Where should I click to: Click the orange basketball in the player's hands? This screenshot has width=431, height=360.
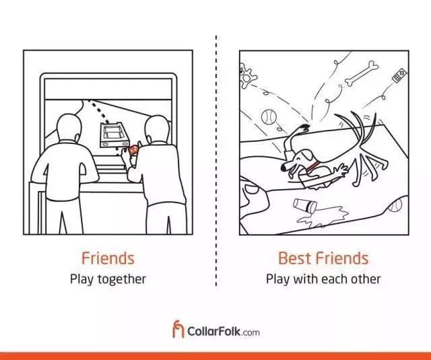(134, 149)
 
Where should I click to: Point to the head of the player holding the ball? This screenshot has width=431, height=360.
(157, 129)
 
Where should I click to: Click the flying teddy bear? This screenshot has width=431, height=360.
(247, 75)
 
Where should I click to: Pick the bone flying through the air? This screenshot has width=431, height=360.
(361, 73)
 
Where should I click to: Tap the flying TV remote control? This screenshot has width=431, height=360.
(399, 75)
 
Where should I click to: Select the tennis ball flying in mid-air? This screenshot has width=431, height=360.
(269, 116)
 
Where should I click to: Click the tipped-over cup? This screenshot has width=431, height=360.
(304, 205)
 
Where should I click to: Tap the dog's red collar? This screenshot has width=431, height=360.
(312, 166)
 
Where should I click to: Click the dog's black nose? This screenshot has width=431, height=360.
(283, 168)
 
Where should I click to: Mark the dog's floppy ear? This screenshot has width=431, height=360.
(307, 155)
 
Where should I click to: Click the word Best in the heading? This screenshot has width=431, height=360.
(295, 258)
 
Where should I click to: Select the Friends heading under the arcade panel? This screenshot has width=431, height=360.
(108, 258)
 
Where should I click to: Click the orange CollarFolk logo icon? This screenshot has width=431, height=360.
(178, 328)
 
